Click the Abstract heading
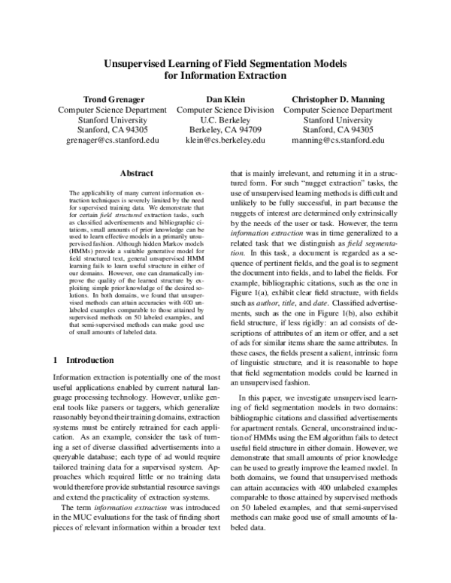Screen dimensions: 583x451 136,173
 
